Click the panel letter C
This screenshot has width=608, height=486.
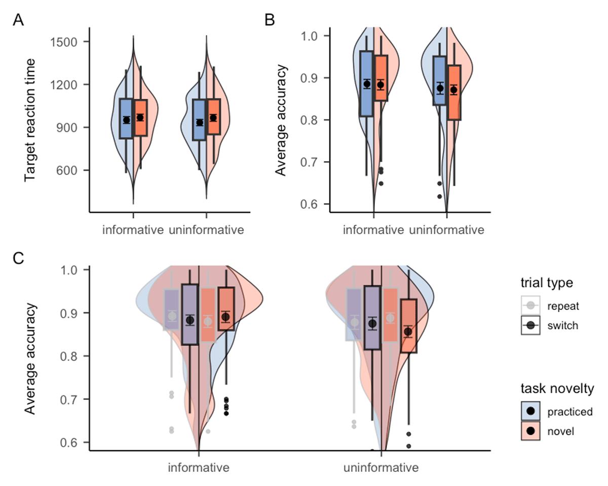coord(18,259)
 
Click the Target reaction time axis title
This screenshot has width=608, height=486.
coord(30,120)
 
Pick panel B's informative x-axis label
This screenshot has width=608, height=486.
coord(373,230)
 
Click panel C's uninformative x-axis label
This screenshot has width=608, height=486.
coord(381,467)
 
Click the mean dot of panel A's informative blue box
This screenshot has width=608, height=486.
coord(127,120)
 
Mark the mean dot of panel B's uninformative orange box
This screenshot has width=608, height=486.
coord(454,90)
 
